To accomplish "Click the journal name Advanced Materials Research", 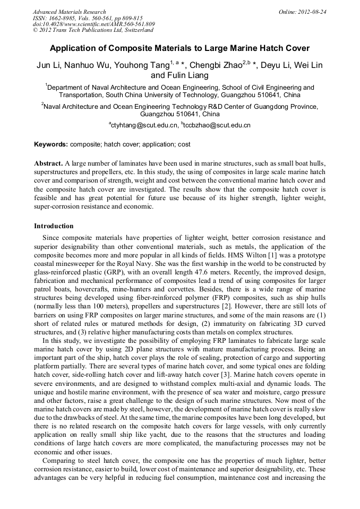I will [x=69, y=12].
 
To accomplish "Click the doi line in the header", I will [x=93, y=24].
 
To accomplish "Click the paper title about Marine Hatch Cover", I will [x=179, y=48].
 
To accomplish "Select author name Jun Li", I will [x=49, y=65].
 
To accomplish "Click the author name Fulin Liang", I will [x=188, y=75].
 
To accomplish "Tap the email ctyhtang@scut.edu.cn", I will [x=143, y=125].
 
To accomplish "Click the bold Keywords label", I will [x=51, y=144].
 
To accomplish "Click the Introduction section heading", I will [x=54, y=226].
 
